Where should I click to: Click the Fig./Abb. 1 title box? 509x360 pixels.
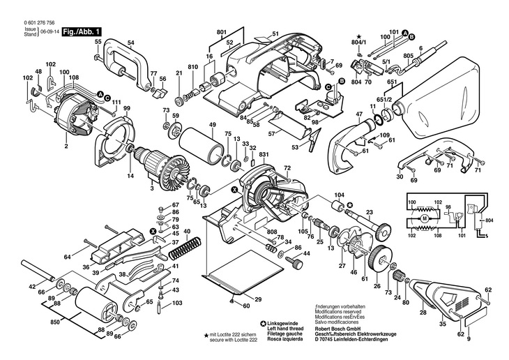tap(82, 31)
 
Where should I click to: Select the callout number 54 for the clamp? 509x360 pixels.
tap(130, 43)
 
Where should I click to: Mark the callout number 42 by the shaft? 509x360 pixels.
tap(31, 287)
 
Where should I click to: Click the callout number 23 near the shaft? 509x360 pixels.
tap(370, 211)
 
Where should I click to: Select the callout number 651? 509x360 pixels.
tap(393, 82)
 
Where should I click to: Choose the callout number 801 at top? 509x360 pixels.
tap(222, 33)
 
